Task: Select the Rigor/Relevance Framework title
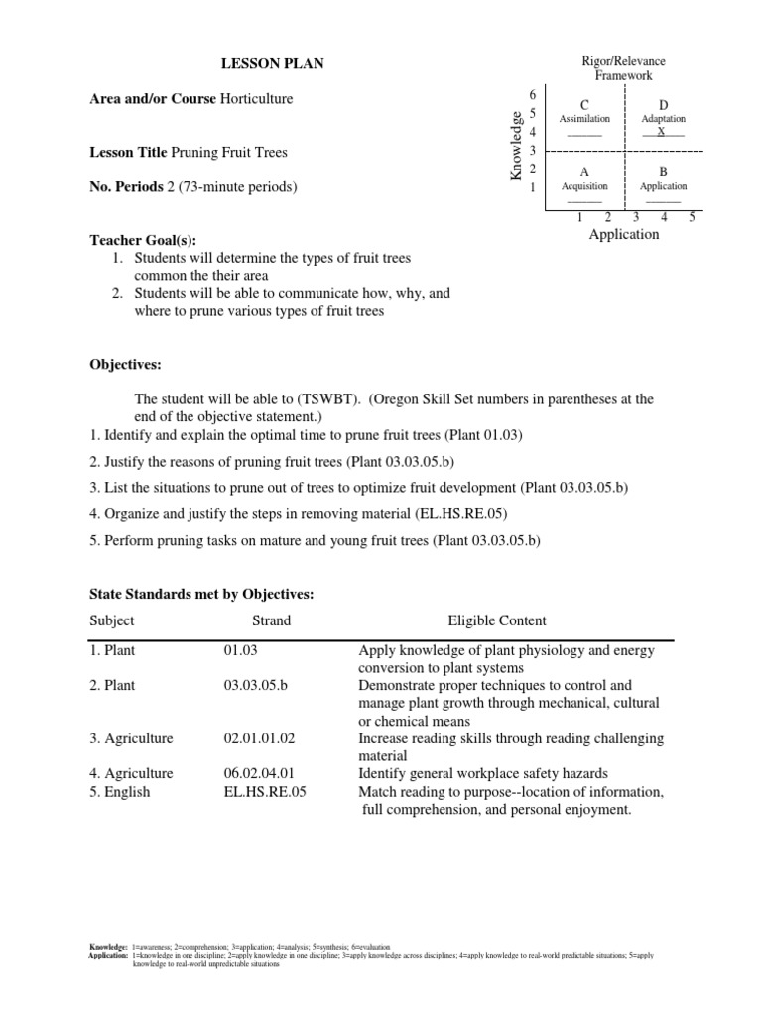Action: coord(623,68)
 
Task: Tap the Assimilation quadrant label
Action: coord(584,119)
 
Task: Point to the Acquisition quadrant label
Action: coord(584,186)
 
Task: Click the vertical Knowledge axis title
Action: coord(516,147)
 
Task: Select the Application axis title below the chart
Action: coord(624,235)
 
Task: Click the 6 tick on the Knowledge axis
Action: coord(533,94)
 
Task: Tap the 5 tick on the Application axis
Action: coord(692,216)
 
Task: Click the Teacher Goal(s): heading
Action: coord(144,240)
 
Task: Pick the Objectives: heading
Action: coord(125,365)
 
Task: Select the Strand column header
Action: coord(271,620)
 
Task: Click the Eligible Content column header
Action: coord(497,620)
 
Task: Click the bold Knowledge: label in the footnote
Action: coord(107,948)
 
